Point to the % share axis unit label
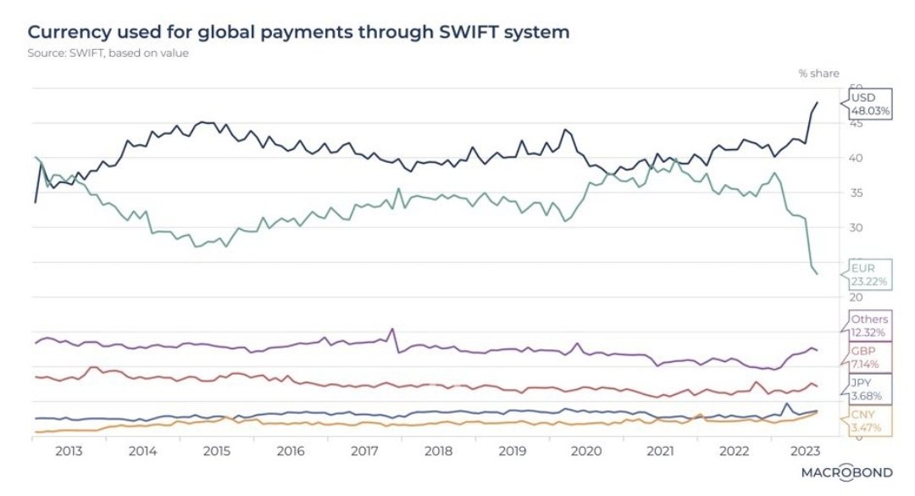click(818, 74)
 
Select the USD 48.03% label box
click(867, 103)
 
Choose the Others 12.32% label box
click(867, 325)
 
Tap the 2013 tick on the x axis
click(69, 450)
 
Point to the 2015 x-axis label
click(217, 450)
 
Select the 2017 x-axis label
click(364, 450)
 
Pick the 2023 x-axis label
click(803, 450)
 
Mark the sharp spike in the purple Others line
click(392, 329)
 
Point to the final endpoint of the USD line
click(817, 103)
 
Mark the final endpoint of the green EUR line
click(817, 274)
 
